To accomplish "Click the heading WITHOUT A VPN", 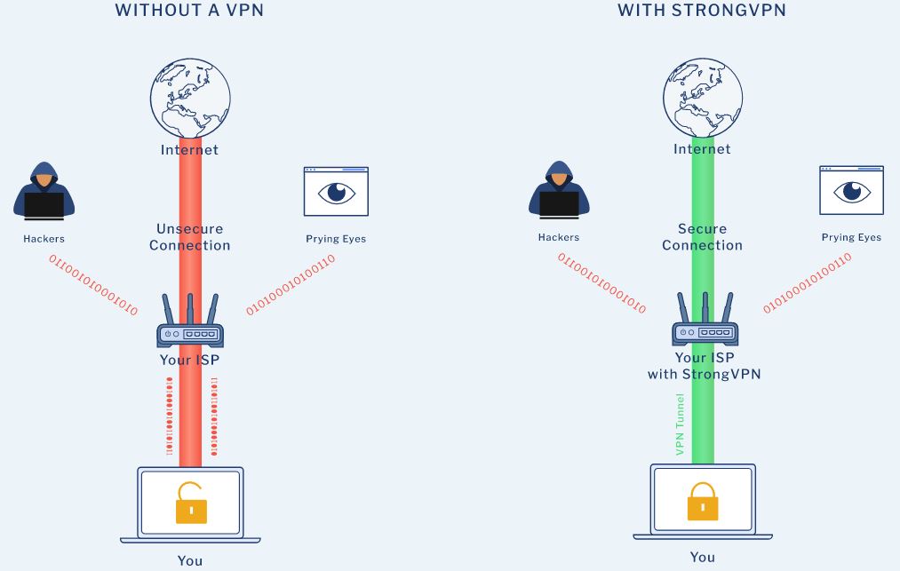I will [189, 11].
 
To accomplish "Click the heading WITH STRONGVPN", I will [702, 11].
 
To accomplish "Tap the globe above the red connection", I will [190, 98].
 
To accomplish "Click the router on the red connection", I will [190, 325].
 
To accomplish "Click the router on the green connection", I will [704, 323].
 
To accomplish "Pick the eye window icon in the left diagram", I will [336, 192].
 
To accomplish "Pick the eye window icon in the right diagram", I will [851, 190].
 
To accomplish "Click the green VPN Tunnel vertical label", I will [681, 424].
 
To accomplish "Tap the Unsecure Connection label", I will [190, 237].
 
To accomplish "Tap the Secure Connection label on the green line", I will [702, 237].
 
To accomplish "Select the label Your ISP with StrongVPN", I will [704, 366].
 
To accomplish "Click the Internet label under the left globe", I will [189, 150].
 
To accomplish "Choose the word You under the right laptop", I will [702, 557].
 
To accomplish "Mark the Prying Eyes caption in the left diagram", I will [336, 239].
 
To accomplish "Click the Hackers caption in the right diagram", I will [558, 237].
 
